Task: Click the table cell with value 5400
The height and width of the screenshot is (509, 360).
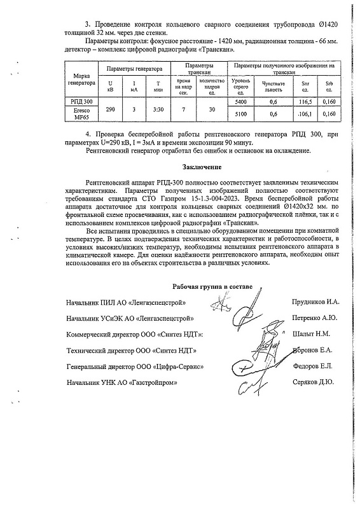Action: tap(240, 102)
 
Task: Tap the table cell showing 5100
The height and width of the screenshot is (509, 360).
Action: tap(240, 114)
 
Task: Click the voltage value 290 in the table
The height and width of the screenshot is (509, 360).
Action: tap(111, 109)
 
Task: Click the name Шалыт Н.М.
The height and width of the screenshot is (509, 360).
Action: tap(310, 333)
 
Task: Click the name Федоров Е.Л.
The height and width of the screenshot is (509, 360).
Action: tap(312, 366)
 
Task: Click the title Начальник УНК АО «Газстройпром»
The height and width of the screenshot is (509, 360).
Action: tap(121, 383)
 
